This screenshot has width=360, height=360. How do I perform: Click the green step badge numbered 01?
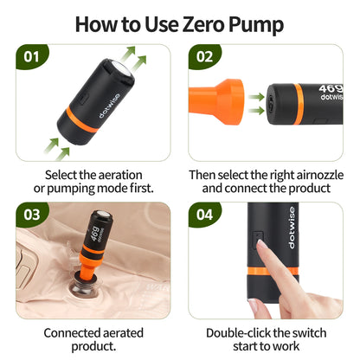tap(31, 57)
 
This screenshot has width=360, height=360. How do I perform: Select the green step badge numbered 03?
tap(31, 214)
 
